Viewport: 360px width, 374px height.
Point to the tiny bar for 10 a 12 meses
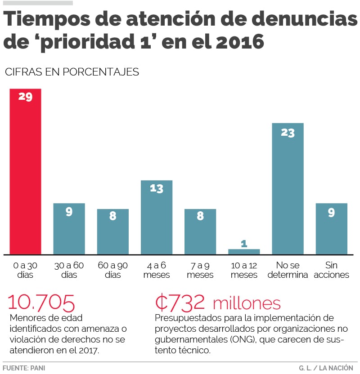click(244, 251)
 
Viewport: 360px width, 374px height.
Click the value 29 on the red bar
click(25, 96)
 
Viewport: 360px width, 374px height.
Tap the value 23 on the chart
click(288, 133)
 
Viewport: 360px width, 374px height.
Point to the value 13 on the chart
click(156, 189)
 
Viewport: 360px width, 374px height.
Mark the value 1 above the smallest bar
click(244, 243)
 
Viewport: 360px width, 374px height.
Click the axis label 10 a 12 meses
click(244, 270)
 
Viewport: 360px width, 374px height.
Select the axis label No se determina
click(288, 270)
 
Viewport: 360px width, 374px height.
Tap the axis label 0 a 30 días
click(25, 270)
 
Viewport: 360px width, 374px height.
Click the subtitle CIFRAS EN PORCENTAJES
click(72, 72)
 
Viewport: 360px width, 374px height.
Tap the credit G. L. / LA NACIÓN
click(326, 368)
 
